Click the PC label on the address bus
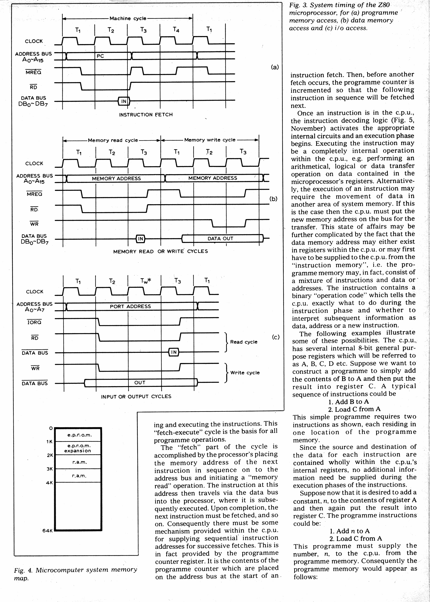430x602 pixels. coord(100,56)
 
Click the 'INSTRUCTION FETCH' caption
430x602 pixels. coord(146,115)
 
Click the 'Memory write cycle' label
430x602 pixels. coord(210,140)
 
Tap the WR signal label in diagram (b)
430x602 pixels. coord(34,224)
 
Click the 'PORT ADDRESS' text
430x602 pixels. coord(130,306)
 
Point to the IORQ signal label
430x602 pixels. coord(34,322)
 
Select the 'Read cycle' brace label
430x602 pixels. coord(244,342)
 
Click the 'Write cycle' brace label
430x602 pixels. coord(245,372)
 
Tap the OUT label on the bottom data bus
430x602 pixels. coord(140,383)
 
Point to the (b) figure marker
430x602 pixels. coord(273,199)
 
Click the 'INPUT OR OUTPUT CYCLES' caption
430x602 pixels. coord(136,396)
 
